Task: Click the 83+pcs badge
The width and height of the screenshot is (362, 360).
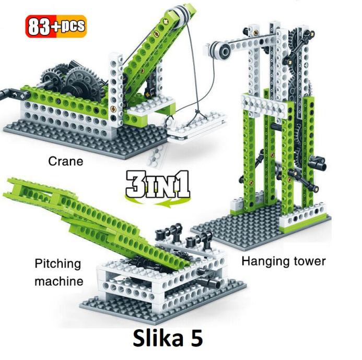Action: click(x=56, y=26)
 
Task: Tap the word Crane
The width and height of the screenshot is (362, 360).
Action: click(x=66, y=161)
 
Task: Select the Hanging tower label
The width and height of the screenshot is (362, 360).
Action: click(x=284, y=261)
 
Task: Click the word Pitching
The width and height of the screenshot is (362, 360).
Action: click(x=57, y=264)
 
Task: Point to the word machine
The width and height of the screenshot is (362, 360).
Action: click(x=59, y=281)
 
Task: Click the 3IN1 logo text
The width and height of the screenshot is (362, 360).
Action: click(x=158, y=184)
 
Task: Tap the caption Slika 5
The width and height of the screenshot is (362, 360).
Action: click(x=168, y=338)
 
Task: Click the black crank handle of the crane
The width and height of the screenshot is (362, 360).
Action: click(x=14, y=94)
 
